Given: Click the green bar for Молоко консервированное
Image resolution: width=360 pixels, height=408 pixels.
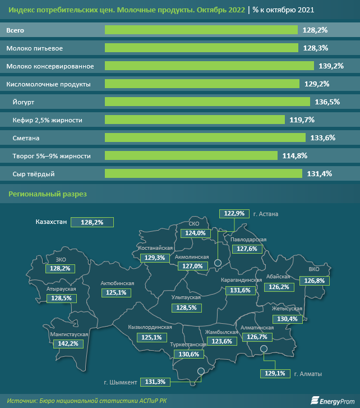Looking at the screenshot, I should coord(209,66).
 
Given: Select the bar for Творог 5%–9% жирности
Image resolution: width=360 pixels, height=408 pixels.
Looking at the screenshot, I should coord(191,155).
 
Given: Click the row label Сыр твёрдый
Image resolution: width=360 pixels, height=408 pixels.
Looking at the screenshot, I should coord(33,173).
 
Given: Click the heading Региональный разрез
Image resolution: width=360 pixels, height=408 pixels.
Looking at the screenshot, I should coord(47,194).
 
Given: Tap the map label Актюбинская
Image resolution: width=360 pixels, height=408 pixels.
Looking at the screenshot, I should coord(117,283).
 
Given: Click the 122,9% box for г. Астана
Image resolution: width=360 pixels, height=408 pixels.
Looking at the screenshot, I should coord(234,213).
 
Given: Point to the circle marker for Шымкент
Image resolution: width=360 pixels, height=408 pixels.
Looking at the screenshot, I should coord(200,371).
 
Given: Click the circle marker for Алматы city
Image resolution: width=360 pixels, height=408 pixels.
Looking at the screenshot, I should coord(265,350).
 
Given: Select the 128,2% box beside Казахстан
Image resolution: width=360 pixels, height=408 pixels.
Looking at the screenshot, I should coord(92,222).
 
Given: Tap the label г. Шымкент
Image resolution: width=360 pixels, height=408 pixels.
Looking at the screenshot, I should coord(121,382).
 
